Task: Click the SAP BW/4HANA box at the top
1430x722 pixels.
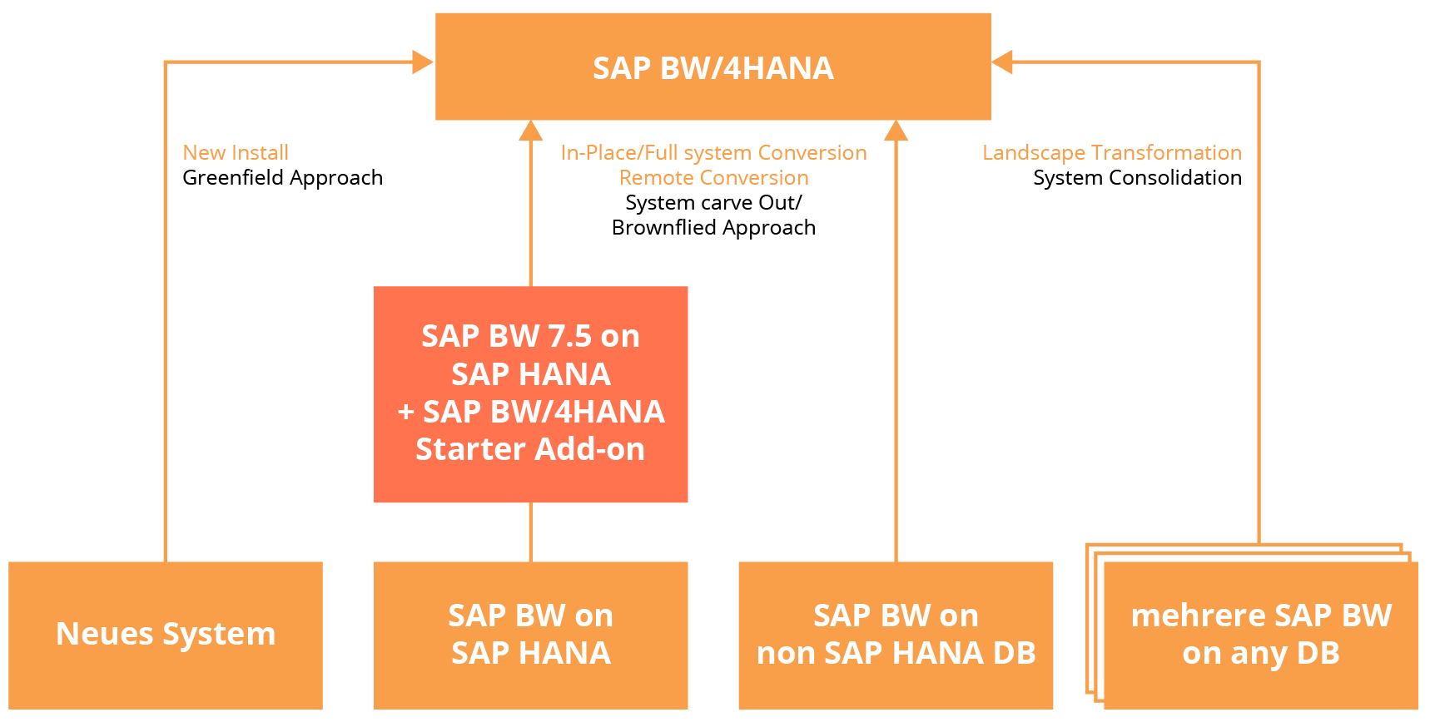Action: pos(713,67)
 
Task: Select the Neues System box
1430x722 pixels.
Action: pos(165,635)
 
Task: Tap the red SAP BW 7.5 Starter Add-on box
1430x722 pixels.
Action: pos(530,393)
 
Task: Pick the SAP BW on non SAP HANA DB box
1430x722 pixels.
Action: pos(896,635)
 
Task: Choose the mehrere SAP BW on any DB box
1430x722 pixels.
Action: pos(1260,635)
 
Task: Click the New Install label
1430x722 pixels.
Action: pos(236,153)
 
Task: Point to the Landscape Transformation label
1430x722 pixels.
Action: pos(1111,153)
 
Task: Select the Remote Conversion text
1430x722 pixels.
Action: pos(713,178)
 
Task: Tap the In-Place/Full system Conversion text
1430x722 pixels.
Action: pos(713,153)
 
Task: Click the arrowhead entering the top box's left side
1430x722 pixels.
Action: pos(423,62)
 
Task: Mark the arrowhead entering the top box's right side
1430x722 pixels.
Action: pos(1002,62)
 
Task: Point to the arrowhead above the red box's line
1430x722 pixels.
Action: pos(530,131)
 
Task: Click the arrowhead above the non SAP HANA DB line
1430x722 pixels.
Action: pos(896,131)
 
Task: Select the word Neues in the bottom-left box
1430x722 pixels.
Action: pos(105,635)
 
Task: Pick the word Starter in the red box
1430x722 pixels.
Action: pos(466,450)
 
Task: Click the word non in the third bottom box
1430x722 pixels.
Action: pos(786,654)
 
